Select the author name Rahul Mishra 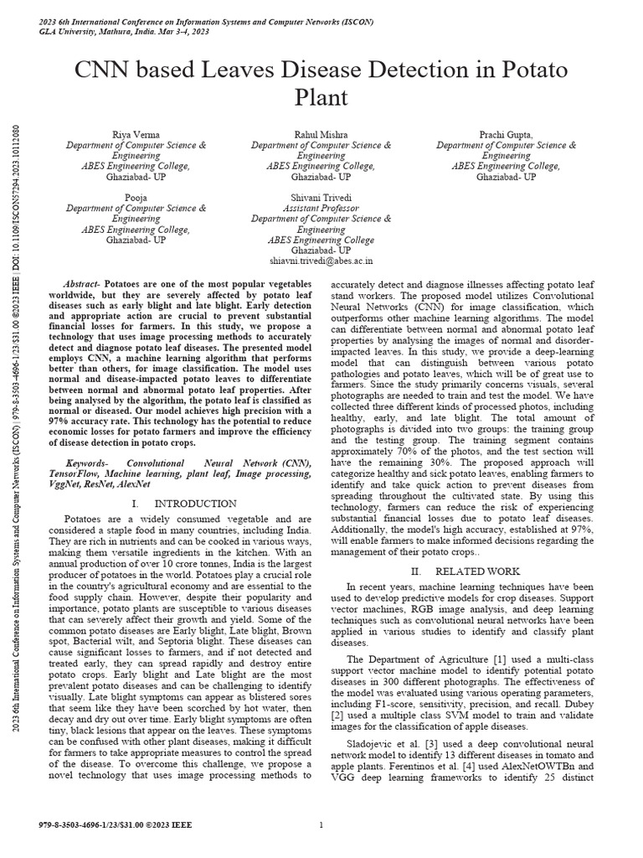point(321,135)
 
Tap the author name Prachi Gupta point(506,135)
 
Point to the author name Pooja point(136,198)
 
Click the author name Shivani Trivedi point(321,198)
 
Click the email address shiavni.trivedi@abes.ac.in point(321,261)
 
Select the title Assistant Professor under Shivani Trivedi point(321,209)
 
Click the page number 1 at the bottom point(321,825)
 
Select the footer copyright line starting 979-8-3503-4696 point(116,825)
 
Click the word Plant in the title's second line point(321,98)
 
